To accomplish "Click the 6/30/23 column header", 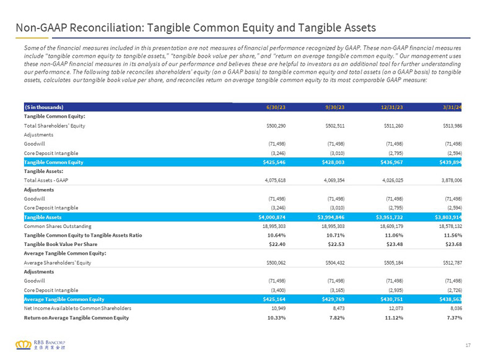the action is coord(276,107).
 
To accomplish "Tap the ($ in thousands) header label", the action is coord(44,107).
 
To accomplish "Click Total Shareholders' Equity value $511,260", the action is coord(393,126).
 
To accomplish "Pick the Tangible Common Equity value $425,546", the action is coord(274,162).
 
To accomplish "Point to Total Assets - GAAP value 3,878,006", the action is coord(452,180).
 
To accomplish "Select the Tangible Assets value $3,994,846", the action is coord(331,217).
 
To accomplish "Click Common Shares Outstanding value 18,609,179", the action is coord(393,226).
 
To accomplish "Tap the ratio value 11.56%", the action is coord(453,235).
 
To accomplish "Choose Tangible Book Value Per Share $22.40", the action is coord(277,244).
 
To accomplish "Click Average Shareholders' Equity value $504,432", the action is coord(335,263).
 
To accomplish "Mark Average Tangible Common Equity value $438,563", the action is coord(450,299).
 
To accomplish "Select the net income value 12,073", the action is coord(397,308).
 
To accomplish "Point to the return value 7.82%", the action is coord(337,318).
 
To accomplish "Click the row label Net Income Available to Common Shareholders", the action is coord(77,308).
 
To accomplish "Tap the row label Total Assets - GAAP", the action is coord(46,180).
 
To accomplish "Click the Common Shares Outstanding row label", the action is coord(58,226).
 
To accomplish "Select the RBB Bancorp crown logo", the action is coord(24,345).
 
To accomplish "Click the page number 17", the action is coord(468,345).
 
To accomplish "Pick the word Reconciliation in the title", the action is coord(107,28).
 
